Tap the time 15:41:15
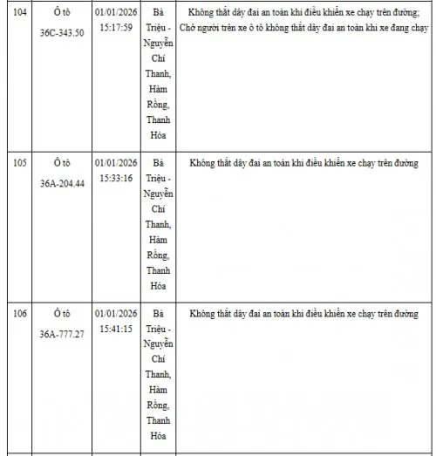coord(116,330)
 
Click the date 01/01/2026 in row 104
coord(116,13)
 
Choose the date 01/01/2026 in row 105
coord(116,163)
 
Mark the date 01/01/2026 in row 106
coord(116,313)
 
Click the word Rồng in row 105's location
coord(158,255)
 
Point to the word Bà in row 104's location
coord(158,13)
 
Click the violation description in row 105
coord(303,163)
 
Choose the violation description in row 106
coord(303,313)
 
